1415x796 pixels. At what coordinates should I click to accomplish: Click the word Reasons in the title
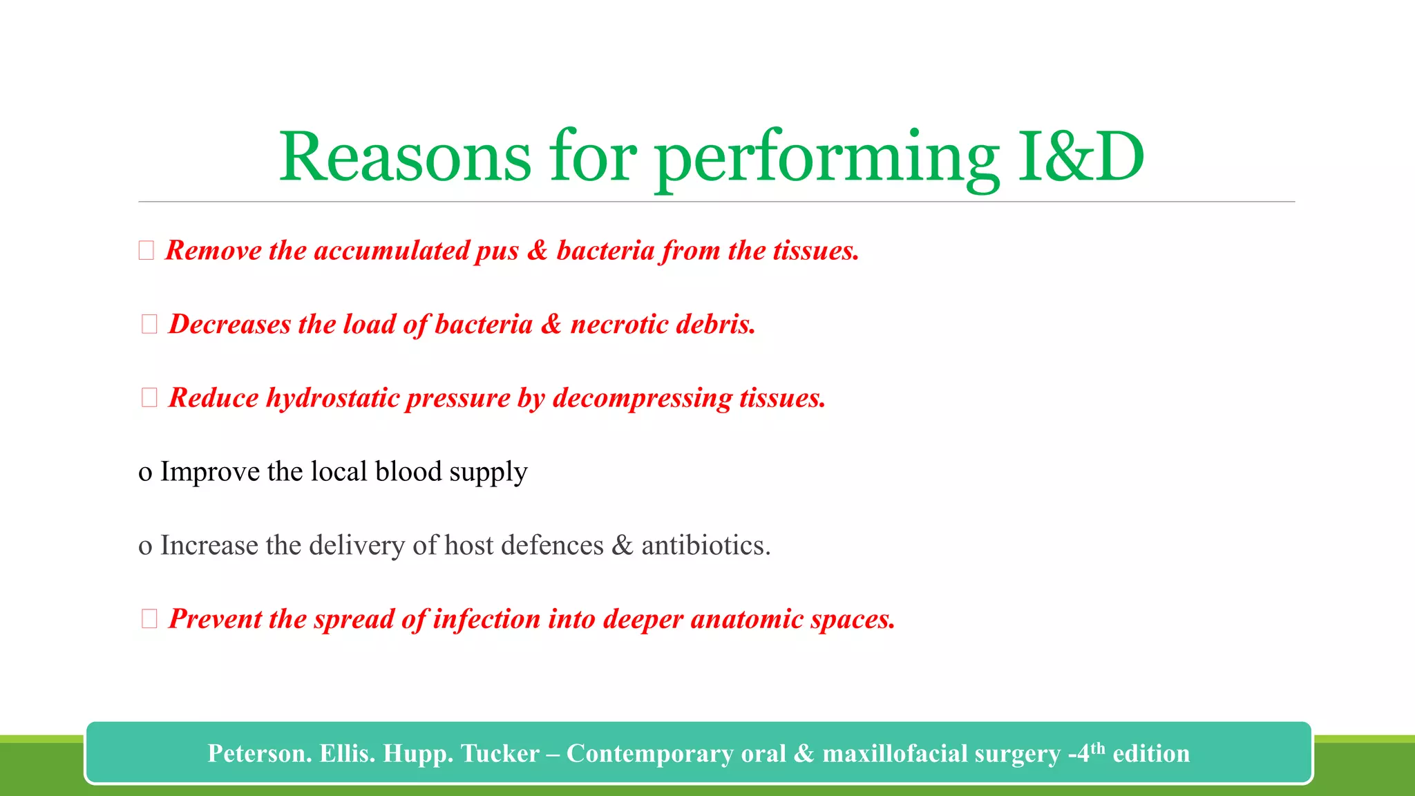[405, 158]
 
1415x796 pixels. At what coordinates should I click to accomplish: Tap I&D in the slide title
[1081, 158]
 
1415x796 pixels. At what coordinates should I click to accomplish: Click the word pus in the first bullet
[497, 251]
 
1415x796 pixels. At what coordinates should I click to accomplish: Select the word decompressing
[642, 399]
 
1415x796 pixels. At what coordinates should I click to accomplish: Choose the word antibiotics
[705, 546]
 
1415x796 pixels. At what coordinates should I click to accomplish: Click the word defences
[552, 546]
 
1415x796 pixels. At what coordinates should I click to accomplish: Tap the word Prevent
[214, 619]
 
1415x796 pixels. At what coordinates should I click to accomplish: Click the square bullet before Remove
[146, 250]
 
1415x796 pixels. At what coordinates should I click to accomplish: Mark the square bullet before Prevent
[149, 618]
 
